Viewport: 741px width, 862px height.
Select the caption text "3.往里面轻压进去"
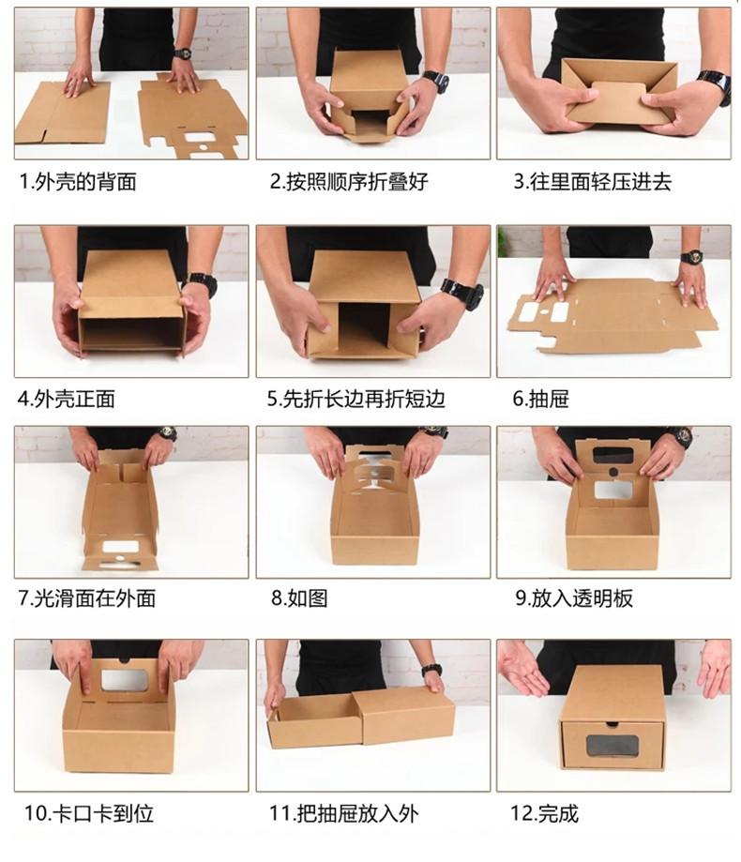pos(592,182)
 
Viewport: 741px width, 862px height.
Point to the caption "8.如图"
pos(299,597)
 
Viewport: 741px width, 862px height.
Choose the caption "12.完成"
pos(545,813)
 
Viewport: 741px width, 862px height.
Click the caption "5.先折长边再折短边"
pos(355,399)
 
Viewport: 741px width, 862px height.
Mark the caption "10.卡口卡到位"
pos(88,813)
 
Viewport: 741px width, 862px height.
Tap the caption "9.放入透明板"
pos(573,597)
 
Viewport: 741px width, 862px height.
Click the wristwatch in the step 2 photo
pos(435,81)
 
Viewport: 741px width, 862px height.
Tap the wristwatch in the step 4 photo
pos(201,282)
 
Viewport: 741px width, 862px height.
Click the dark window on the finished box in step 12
pos(612,747)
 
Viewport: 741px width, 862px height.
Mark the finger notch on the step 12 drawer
pos(612,724)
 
